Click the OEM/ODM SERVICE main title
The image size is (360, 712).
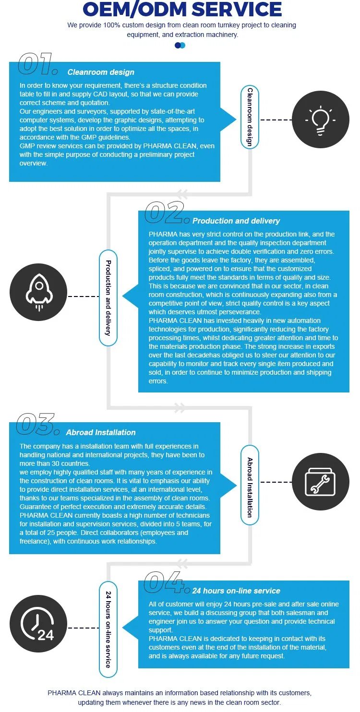point(182,10)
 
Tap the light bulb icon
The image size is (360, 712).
point(321,120)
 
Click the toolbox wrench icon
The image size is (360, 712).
point(321,481)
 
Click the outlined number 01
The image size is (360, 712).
point(37,66)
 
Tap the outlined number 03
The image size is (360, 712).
point(37,425)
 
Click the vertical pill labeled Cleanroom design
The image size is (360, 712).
point(250,117)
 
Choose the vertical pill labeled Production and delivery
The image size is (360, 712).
point(108,297)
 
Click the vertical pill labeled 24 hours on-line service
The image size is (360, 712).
point(108,629)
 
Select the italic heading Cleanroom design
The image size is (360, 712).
point(101,72)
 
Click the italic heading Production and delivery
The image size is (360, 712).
point(236,221)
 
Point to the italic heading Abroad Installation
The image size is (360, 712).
point(101,433)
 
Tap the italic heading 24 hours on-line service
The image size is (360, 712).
point(236,591)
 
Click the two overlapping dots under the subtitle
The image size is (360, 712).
point(180,45)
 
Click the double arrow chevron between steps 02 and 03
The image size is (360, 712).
point(180,408)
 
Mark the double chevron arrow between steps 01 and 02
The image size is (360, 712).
point(182,194)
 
